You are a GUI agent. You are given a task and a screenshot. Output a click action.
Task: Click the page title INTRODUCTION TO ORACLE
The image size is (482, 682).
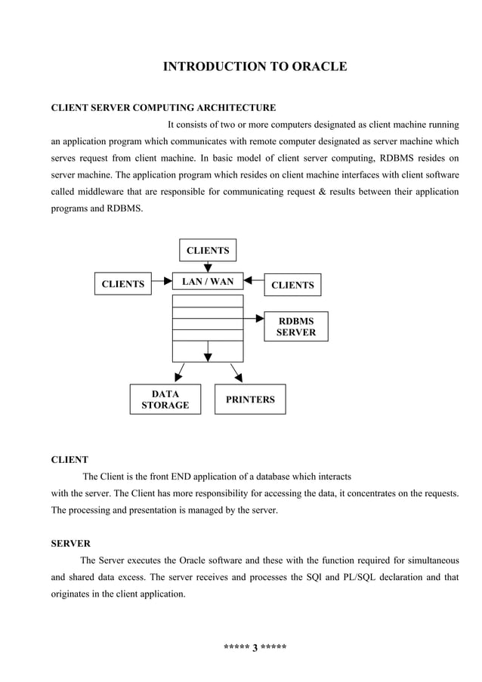click(x=255, y=67)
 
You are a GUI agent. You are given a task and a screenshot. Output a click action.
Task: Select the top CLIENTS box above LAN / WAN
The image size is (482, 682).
click(x=208, y=251)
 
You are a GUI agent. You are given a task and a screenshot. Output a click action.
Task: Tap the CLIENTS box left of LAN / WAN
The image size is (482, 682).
click(x=123, y=284)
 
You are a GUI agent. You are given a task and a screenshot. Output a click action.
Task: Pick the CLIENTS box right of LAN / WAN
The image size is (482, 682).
click(x=292, y=285)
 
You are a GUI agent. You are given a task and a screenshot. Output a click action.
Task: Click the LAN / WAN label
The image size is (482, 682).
click(x=208, y=282)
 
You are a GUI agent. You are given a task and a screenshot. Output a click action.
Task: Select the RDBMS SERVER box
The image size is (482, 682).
click(x=295, y=326)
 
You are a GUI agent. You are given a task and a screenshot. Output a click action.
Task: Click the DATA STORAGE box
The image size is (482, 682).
click(x=165, y=400)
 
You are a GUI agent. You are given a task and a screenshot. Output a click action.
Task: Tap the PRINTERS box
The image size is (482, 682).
click(x=250, y=399)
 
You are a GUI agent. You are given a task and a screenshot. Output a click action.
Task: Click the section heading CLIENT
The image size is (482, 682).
click(x=69, y=459)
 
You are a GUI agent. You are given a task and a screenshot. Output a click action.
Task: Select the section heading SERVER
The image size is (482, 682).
click(x=70, y=543)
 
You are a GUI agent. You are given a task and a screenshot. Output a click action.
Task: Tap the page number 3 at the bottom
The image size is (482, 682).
click(x=255, y=647)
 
